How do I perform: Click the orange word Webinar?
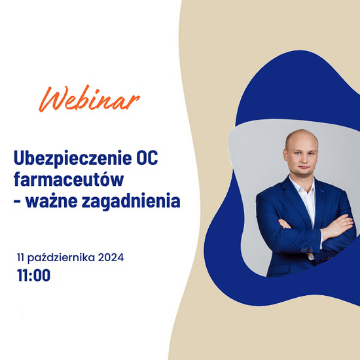click(89, 99)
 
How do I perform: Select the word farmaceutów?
click(69, 179)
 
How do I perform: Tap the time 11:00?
click(33, 275)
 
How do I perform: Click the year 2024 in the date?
click(111, 257)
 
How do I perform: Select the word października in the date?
click(61, 258)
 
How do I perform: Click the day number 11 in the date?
click(20, 258)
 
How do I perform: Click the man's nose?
click(303, 159)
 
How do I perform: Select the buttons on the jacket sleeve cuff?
click(307, 250)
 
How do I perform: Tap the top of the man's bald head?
click(301, 132)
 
